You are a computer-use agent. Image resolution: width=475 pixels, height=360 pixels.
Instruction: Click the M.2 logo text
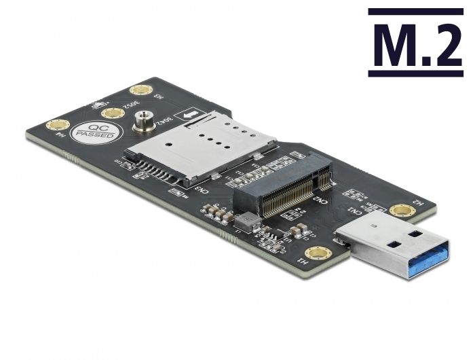click(x=415, y=43)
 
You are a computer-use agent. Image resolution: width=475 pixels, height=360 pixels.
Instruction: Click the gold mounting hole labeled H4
click(x=58, y=125)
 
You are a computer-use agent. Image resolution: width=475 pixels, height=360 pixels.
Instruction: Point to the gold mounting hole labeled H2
click(x=403, y=211)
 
